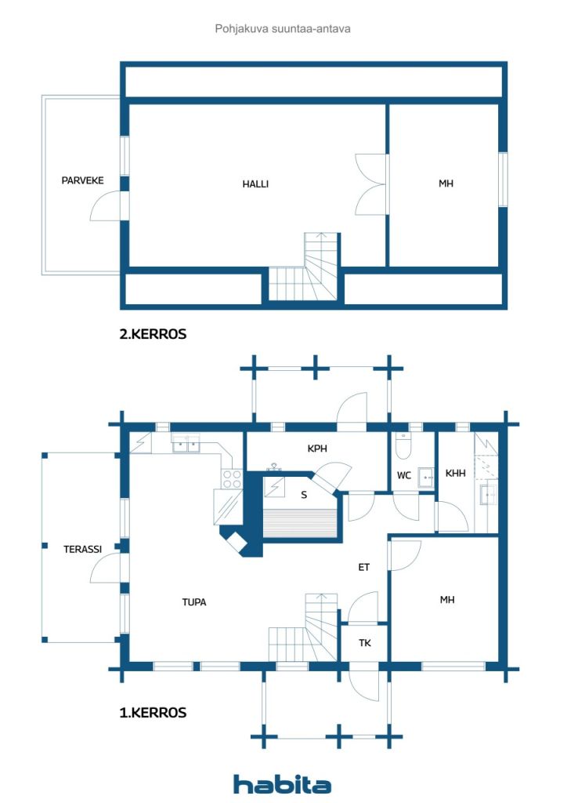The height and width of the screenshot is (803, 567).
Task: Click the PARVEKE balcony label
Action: (x=82, y=180)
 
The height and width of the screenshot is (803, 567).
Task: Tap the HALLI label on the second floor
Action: (x=255, y=183)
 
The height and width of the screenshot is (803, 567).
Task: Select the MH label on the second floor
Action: (x=446, y=183)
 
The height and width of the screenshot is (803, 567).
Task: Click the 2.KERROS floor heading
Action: (x=153, y=334)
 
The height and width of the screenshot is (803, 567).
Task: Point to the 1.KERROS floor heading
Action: (x=153, y=712)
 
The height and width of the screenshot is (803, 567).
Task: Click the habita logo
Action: (x=282, y=783)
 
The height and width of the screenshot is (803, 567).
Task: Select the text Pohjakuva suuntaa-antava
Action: (x=283, y=29)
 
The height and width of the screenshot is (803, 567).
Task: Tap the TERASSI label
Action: (x=82, y=549)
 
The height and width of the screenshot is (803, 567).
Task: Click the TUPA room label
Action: (x=193, y=602)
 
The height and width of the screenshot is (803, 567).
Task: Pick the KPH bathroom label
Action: (x=317, y=449)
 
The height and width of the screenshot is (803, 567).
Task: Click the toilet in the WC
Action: (x=403, y=445)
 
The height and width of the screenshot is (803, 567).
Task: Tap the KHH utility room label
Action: (x=455, y=473)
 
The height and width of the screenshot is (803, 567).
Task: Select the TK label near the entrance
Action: (x=364, y=643)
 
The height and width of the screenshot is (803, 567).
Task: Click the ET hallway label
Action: (x=363, y=567)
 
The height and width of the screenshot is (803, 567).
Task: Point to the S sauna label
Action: (x=304, y=495)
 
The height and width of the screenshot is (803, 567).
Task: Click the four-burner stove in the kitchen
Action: (x=232, y=479)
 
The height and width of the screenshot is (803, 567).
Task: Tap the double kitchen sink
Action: (x=186, y=444)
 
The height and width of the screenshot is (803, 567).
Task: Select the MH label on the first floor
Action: (x=447, y=600)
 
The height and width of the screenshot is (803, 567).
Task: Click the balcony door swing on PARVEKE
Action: (x=107, y=206)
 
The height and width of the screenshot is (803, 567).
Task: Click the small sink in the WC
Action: (x=426, y=477)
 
